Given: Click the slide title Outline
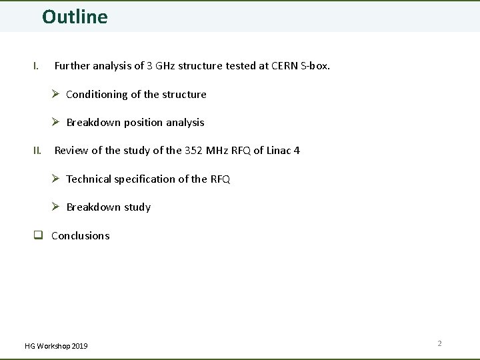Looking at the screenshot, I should pyautogui.click(x=75, y=17).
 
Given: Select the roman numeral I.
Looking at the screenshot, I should pyautogui.click(x=36, y=66).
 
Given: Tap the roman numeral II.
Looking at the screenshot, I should pyautogui.click(x=37, y=151).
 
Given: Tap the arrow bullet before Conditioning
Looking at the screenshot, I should pyautogui.click(x=57, y=94).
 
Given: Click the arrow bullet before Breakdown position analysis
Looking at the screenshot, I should pyautogui.click(x=57, y=122).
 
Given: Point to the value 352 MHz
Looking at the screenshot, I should pyautogui.click(x=207, y=151).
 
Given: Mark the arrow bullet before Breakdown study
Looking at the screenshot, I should pyautogui.click(x=57, y=207).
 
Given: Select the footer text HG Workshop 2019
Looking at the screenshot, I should pyautogui.click(x=56, y=345).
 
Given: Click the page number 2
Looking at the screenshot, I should pyautogui.click(x=439, y=343).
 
